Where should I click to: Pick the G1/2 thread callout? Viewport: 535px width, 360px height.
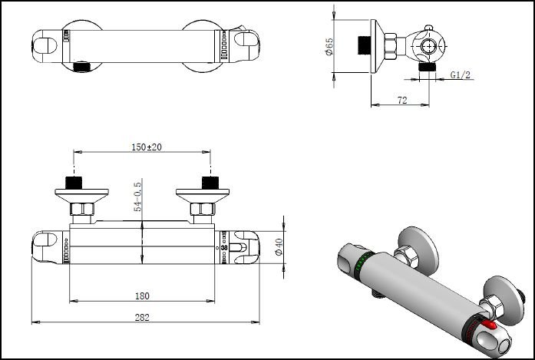461,74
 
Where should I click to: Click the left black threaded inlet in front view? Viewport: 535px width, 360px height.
74,183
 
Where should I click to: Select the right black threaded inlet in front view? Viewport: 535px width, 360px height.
209,183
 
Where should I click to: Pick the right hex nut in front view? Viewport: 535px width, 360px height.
203,210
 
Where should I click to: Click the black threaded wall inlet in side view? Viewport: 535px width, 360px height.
363,44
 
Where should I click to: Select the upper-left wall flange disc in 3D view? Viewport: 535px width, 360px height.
418,246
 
